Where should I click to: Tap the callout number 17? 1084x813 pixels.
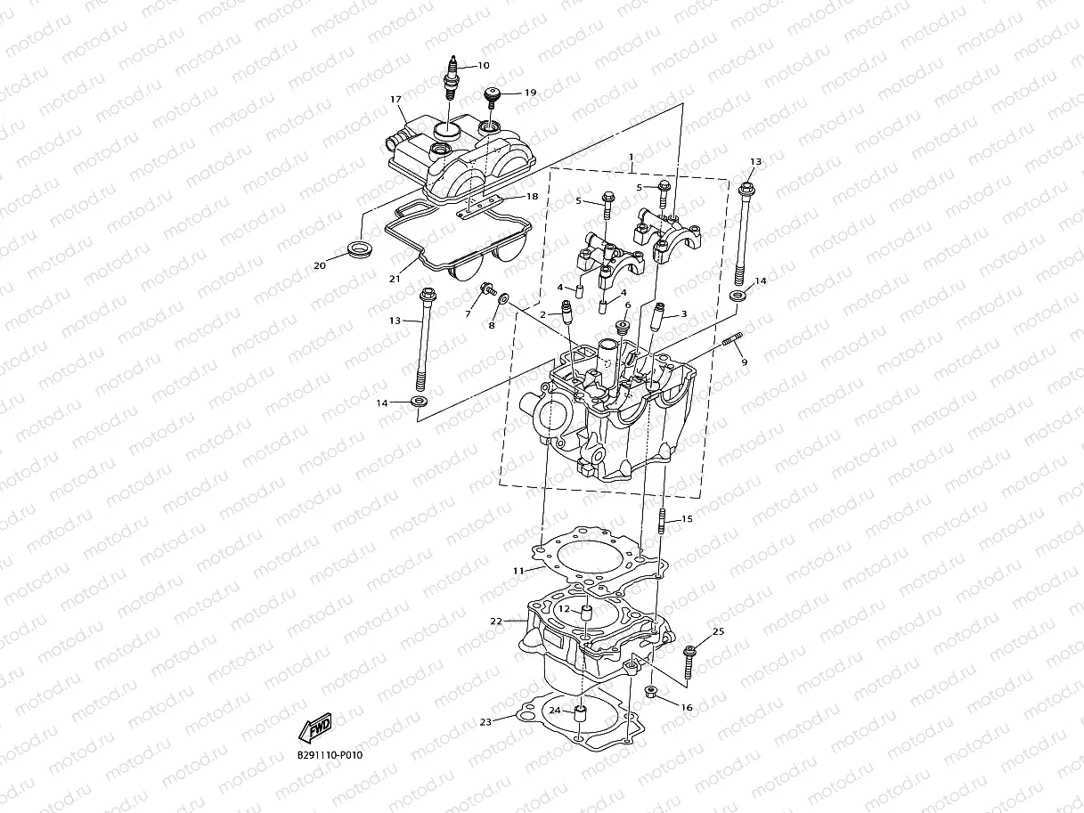[x=395, y=100]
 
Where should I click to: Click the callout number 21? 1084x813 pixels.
[x=394, y=279]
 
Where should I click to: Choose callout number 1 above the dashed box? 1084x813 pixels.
[x=631, y=157]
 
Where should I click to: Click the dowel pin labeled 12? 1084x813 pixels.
[x=586, y=613]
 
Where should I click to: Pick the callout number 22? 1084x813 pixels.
[x=497, y=621]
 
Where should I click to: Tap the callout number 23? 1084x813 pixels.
[x=485, y=721]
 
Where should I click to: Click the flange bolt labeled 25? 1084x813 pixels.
[x=690, y=656]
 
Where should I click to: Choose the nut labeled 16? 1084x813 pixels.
[x=651, y=695]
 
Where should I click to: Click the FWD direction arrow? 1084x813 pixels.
[x=316, y=728]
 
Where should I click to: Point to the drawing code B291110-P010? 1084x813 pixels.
[x=330, y=755]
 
